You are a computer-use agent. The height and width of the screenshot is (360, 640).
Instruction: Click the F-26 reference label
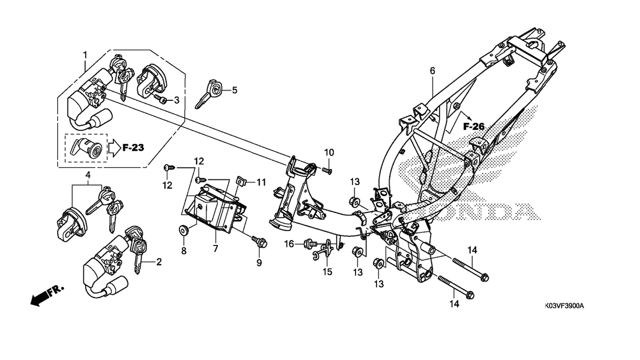474,126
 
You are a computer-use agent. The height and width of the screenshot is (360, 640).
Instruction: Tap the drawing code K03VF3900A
564,306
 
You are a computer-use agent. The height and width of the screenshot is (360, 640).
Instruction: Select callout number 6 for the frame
432,71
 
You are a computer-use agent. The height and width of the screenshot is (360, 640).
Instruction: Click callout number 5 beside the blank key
234,90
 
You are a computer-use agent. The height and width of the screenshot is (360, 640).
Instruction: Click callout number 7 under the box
216,249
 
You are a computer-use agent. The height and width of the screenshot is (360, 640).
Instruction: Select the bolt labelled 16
310,243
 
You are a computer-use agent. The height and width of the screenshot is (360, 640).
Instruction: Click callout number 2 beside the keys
159,262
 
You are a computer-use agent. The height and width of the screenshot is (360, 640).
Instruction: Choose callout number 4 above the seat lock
88,175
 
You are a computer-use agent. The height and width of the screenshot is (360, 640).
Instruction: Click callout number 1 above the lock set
85,55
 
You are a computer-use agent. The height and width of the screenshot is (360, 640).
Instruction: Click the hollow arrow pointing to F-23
114,148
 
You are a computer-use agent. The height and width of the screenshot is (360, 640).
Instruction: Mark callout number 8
184,251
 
